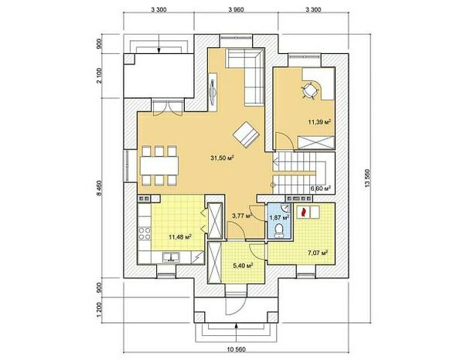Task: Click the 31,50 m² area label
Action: point(222,158)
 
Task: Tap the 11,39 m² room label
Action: point(319,121)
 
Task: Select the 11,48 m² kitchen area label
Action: point(180,237)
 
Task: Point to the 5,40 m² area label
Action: point(244,266)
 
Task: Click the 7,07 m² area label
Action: point(318,253)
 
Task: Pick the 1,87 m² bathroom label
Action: point(280,218)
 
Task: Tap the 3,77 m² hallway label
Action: point(242,216)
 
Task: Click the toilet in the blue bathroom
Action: point(279,231)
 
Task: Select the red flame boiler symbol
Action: point(304,212)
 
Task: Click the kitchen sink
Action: point(171,257)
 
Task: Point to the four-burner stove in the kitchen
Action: point(144,233)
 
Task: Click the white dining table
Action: point(159,166)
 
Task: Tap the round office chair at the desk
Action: point(308,90)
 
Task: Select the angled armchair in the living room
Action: point(246,134)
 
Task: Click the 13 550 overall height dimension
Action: point(366,178)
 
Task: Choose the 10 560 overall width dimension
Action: point(236,349)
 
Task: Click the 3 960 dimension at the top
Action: point(236,10)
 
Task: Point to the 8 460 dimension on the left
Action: point(99,188)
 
